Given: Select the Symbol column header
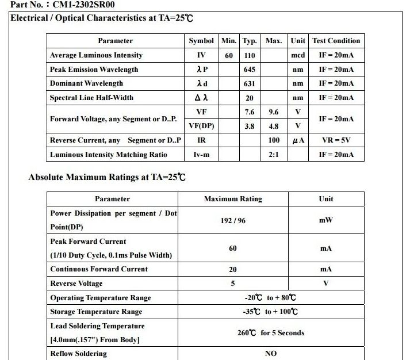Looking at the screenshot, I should (x=201, y=41).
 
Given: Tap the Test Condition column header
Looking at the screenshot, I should (x=336, y=41).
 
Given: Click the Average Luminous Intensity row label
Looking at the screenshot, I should (x=96, y=55).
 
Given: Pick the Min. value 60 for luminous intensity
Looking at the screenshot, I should (x=229, y=55).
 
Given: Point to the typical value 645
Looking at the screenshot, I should (x=249, y=70).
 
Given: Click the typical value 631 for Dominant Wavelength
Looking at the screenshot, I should (x=249, y=83).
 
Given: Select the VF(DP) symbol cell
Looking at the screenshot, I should (x=201, y=126).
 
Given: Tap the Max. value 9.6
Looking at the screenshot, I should (x=274, y=112).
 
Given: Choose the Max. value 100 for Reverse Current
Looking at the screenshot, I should (x=274, y=140).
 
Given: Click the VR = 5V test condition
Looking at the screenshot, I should (x=336, y=140).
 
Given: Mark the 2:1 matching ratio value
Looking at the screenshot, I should (x=274, y=155).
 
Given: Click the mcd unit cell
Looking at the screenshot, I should (x=297, y=55).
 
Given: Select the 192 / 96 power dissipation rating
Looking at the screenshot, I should (x=233, y=220).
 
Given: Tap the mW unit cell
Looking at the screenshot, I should (x=325, y=220).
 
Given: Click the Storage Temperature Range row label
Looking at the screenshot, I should (x=96, y=312).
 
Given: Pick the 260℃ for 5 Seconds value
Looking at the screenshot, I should (x=271, y=333).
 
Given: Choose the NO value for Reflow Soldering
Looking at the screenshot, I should (x=271, y=354).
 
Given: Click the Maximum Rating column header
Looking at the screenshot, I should (x=233, y=199).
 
